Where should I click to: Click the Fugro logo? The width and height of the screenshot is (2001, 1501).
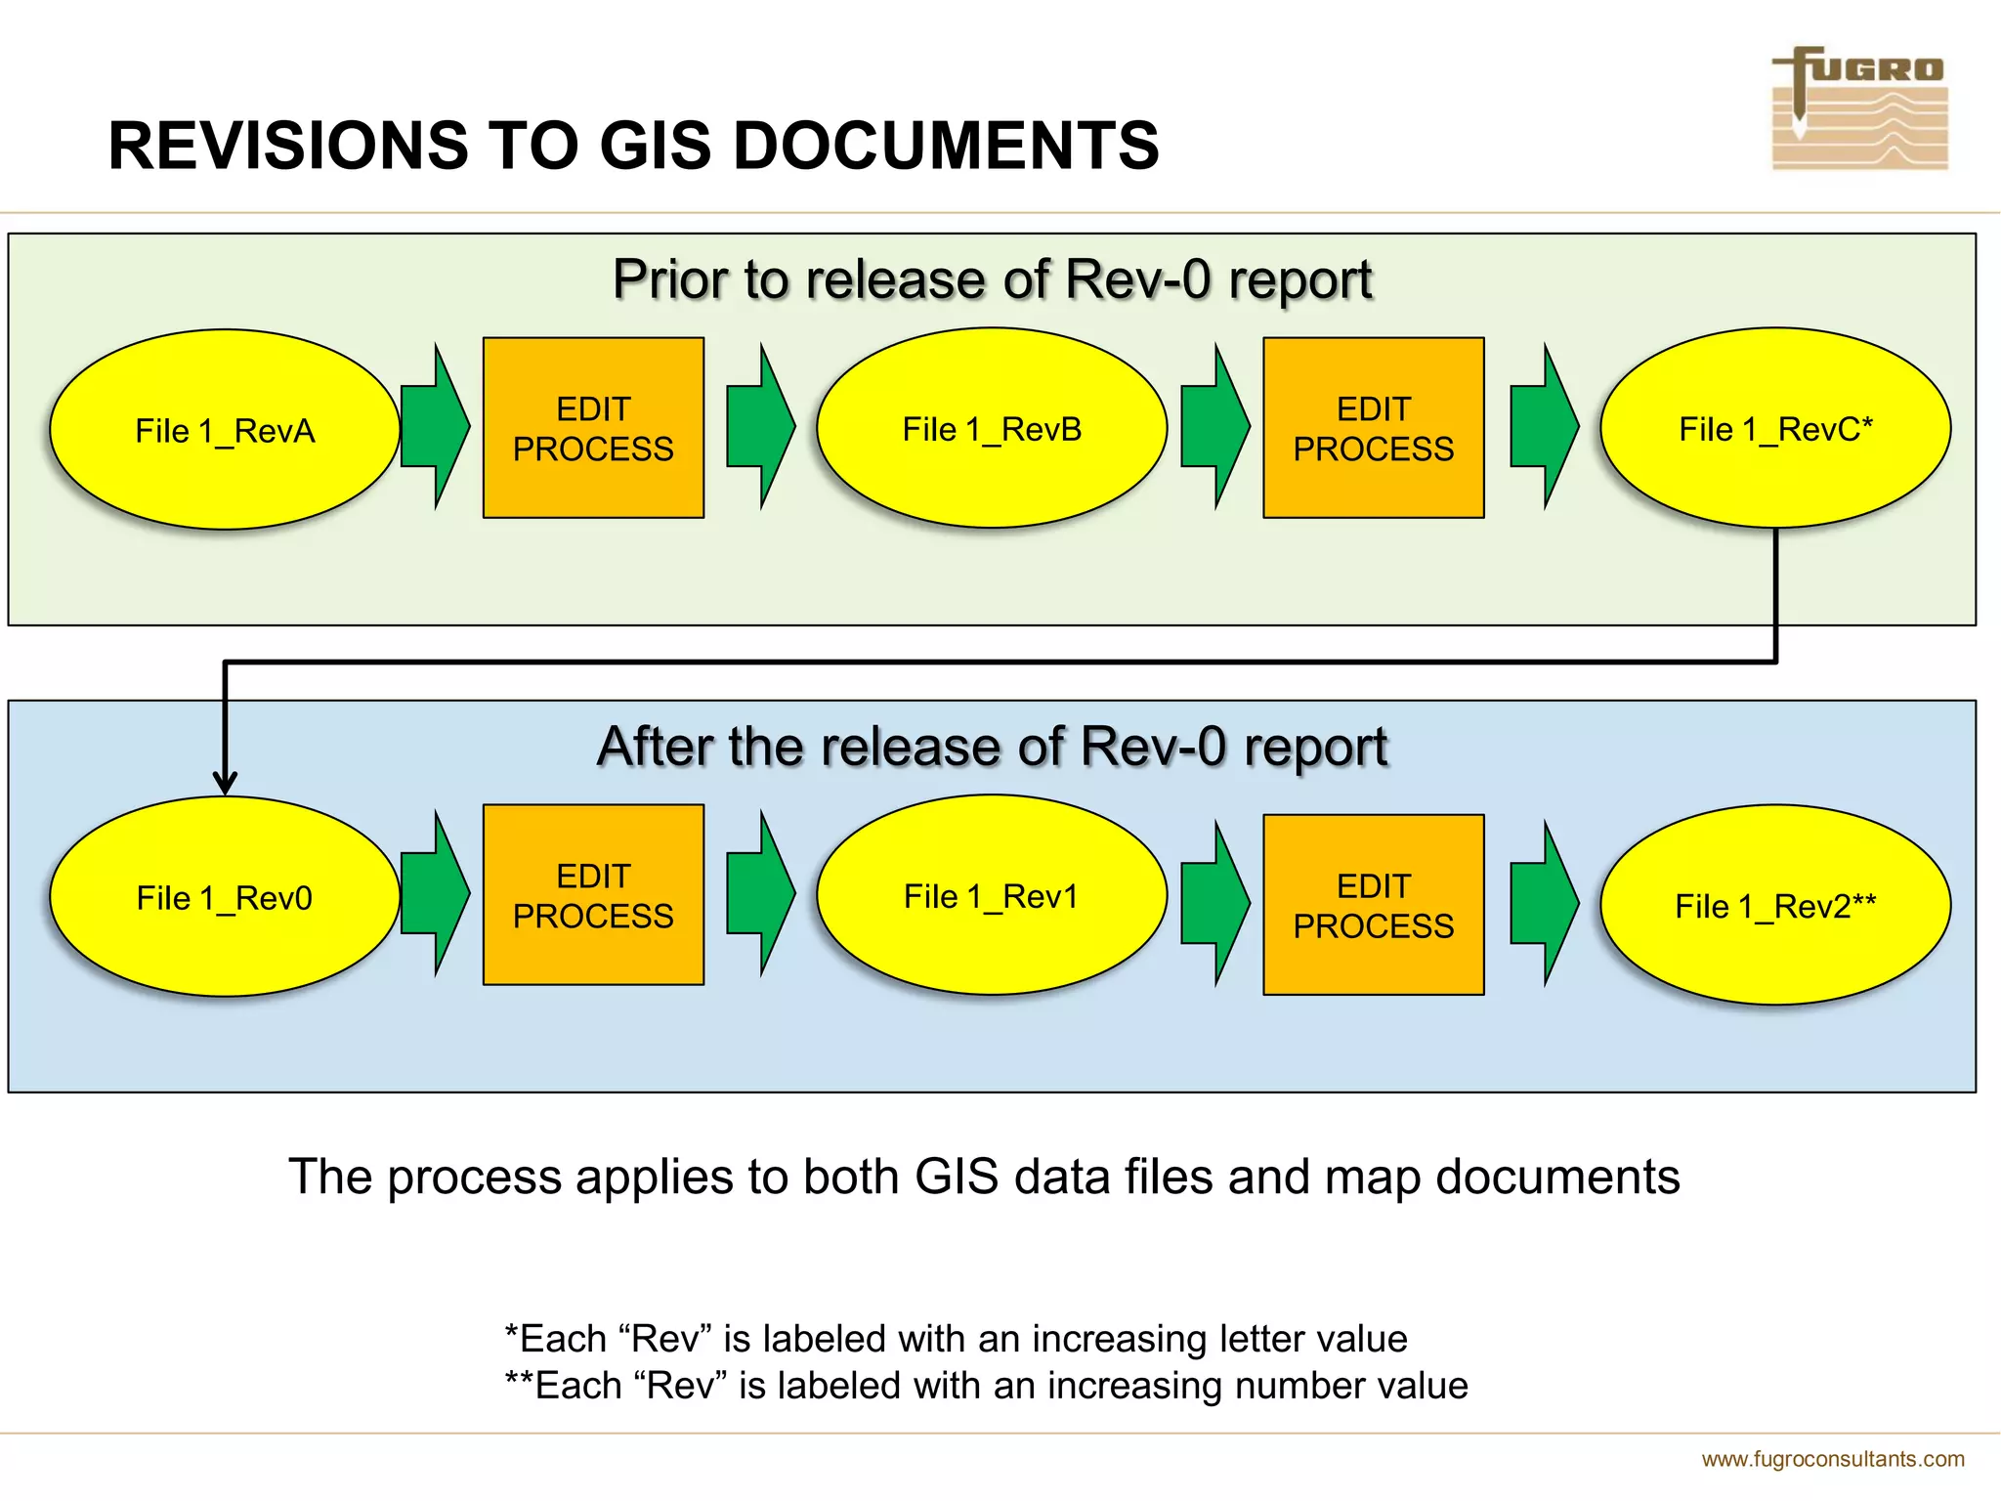1858,108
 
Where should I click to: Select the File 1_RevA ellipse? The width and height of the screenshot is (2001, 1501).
225,430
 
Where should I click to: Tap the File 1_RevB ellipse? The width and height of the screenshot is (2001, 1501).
992,428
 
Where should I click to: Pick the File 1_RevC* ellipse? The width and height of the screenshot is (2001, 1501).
1775,428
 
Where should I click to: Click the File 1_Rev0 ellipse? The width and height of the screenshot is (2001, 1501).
225,897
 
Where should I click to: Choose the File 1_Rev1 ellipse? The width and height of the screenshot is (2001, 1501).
992,895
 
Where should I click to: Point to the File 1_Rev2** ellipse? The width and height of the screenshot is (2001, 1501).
1775,905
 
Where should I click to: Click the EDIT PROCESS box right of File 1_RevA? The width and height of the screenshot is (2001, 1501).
593,428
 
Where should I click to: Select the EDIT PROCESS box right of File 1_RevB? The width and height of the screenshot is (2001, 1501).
1373,428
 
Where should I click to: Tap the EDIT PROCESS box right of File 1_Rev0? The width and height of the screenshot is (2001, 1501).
593,895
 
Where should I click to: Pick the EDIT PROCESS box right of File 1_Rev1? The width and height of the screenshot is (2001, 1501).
1373,905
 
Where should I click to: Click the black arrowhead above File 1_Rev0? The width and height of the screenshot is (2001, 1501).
225,782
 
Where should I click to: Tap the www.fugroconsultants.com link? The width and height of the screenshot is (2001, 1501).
1832,1459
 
